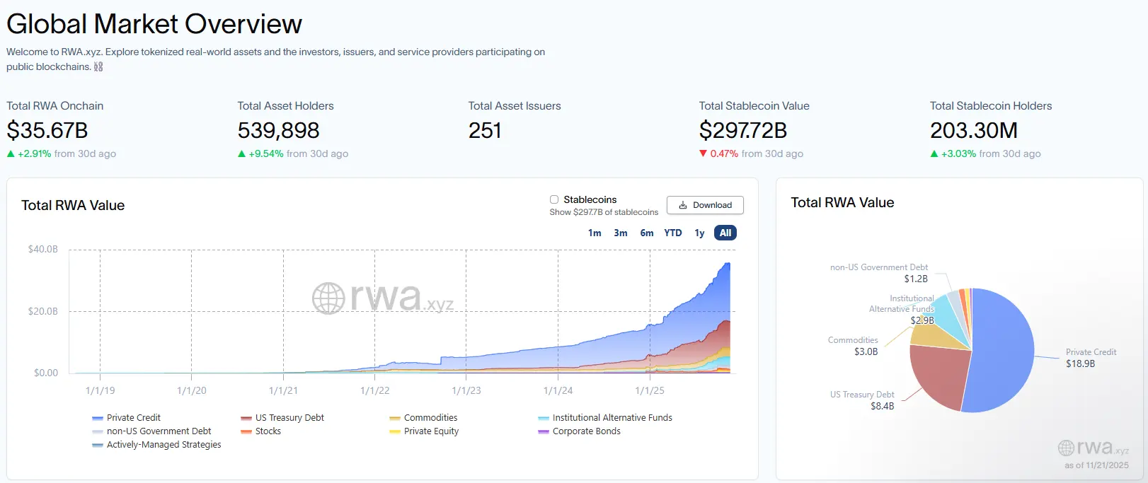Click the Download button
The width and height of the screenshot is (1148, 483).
(705, 205)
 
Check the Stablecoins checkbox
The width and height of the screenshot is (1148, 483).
(554, 199)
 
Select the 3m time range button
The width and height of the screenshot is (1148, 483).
(620, 233)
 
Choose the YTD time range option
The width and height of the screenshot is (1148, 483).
(672, 233)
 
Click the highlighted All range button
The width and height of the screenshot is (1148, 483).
(725, 233)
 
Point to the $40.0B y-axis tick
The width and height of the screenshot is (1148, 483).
(43, 249)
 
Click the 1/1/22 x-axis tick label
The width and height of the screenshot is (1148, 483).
(374, 390)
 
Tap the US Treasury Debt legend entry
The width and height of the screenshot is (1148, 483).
(289, 418)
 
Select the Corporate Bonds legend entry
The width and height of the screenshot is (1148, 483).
(585, 431)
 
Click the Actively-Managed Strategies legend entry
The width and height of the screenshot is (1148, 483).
(163, 445)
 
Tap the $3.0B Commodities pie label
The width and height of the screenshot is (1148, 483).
(865, 351)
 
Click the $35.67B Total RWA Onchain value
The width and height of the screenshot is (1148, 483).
(47, 130)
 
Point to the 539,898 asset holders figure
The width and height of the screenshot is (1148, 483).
(278, 130)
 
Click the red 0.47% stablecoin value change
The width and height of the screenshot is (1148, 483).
(723, 153)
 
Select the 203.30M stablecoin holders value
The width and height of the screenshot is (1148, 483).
(973, 130)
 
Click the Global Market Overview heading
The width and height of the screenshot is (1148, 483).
(154, 24)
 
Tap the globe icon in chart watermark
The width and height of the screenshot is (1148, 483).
(328, 298)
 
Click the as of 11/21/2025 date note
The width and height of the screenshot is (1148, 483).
(1096, 465)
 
